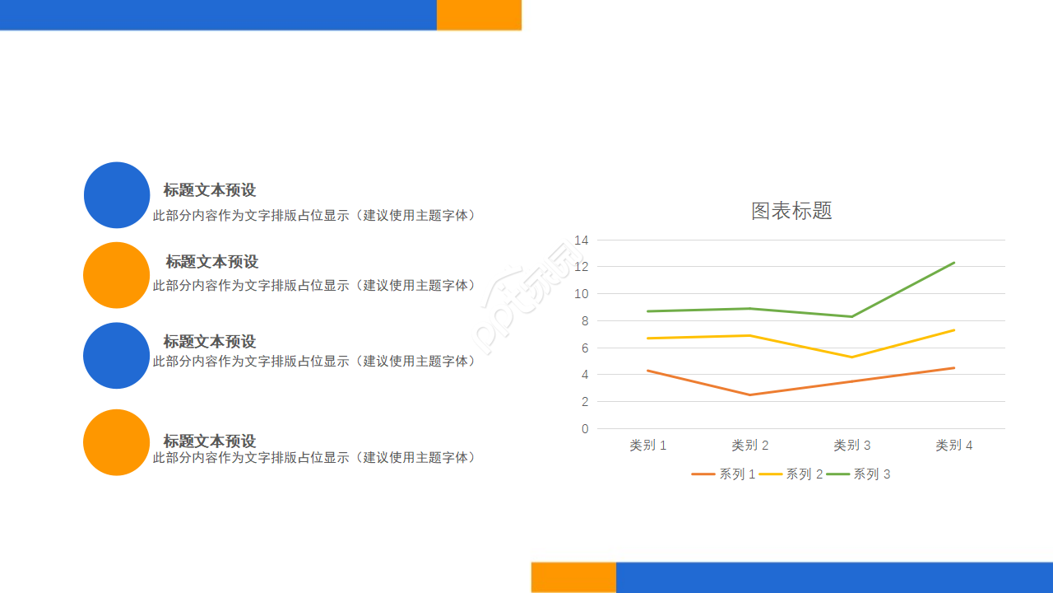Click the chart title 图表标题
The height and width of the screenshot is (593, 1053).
coord(791,211)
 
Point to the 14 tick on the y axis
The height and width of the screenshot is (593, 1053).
coord(582,240)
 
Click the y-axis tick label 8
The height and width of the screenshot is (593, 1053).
coord(584,320)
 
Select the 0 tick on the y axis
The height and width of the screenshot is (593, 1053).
coord(585,428)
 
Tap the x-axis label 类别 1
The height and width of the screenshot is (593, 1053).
coord(647,445)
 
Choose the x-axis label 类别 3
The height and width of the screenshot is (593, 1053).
coord(851,445)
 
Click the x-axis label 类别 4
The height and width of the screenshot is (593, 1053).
coord(953,445)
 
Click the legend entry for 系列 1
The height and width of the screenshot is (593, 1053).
coord(724,474)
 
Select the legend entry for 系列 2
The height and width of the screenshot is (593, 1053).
coord(791,474)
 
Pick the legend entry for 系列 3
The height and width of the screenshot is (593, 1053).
coord(858,474)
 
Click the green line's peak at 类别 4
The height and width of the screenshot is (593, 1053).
coord(954,263)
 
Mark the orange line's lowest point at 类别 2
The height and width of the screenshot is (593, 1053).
coord(749,395)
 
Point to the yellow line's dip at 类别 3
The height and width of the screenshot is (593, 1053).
coord(851,357)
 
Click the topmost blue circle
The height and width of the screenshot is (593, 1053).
coord(117,195)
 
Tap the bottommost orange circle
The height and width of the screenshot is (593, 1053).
coord(117,442)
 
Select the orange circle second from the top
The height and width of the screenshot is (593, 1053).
coord(117,275)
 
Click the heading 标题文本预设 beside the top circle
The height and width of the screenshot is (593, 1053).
coord(210,190)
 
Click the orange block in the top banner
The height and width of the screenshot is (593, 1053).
coord(479,15)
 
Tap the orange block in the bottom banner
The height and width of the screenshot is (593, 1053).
coord(573,577)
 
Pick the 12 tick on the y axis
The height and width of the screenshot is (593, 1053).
coord(582,266)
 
